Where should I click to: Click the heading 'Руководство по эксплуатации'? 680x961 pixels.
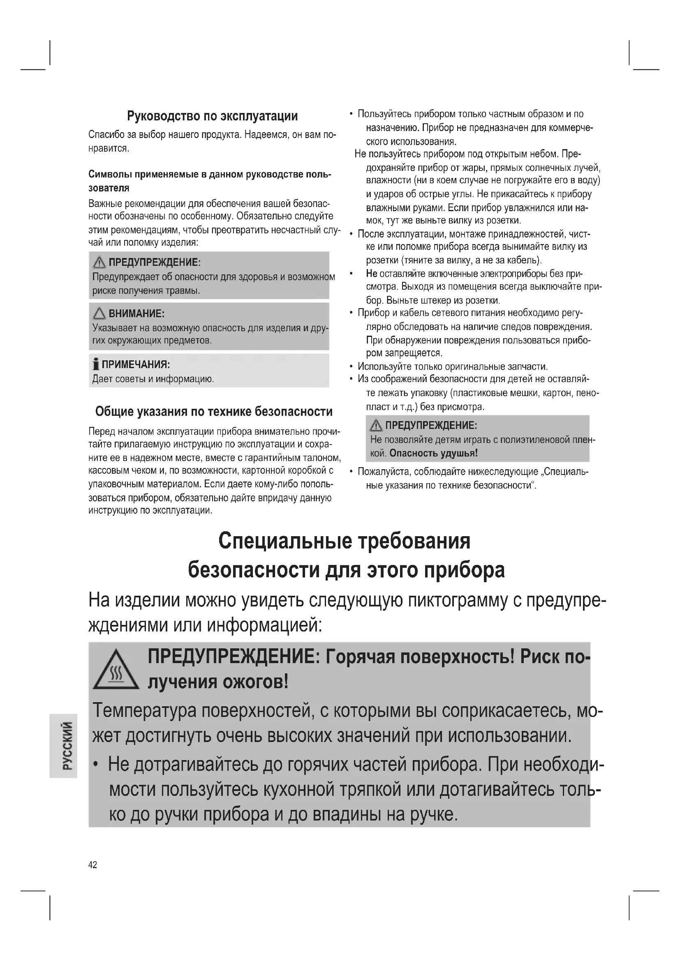(x=212, y=116)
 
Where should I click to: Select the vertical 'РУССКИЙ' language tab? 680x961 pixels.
(x=63, y=745)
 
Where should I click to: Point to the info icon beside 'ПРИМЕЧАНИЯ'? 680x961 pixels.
(x=96, y=364)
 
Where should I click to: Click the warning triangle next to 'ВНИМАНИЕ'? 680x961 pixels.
(x=99, y=313)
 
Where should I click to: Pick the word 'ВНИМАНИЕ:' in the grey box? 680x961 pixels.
(x=136, y=313)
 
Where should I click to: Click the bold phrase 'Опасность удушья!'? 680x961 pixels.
(x=433, y=453)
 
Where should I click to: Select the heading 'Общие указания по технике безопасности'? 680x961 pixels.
(x=213, y=412)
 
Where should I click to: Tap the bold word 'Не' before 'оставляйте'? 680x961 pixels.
(x=371, y=274)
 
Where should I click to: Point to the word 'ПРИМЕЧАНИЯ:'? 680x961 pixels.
(x=136, y=364)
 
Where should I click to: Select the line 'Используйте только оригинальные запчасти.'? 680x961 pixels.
(x=452, y=366)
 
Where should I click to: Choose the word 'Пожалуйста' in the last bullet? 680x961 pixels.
(x=383, y=472)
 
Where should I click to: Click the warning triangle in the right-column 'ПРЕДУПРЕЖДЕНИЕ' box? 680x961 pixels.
(x=376, y=426)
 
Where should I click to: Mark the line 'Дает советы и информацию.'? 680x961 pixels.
(x=153, y=379)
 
